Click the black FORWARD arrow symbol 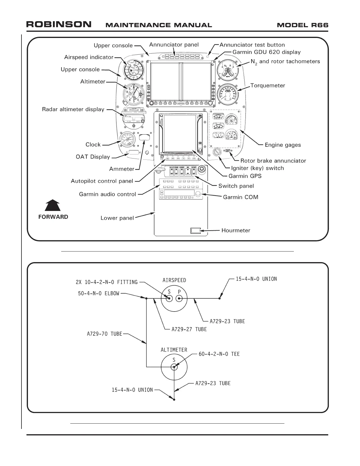pyautogui.click(x=53, y=205)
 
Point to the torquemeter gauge pyautogui.click(x=228, y=94)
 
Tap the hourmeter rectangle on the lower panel pyautogui.click(x=195, y=230)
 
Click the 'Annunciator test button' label pyautogui.click(x=252, y=45)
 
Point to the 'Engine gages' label pyautogui.click(x=283, y=145)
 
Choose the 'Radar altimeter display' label pyautogui.click(x=73, y=109)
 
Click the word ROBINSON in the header pyautogui.click(x=59, y=24)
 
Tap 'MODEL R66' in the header pyautogui.click(x=302, y=25)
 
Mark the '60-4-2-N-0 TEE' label pyautogui.click(x=219, y=354)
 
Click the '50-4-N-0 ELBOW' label pyautogui.click(x=99, y=293)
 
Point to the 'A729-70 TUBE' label pyautogui.click(x=104, y=334)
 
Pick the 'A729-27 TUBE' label pyautogui.click(x=189, y=329)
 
